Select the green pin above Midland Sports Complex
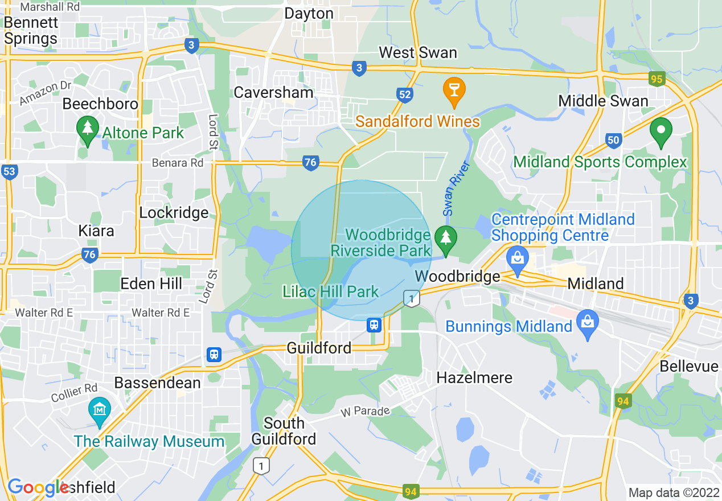pos(661,131)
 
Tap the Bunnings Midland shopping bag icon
pos(588,323)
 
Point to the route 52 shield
pos(405,95)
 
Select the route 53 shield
pos(9,171)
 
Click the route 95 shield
pos(657,79)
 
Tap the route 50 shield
pos(613,140)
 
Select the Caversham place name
pos(273,92)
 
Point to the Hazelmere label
pos(474,377)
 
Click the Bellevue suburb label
pos(689,366)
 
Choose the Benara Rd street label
pos(177,163)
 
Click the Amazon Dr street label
pos(45,93)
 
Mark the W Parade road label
pos(365,411)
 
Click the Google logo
pos(38,488)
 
